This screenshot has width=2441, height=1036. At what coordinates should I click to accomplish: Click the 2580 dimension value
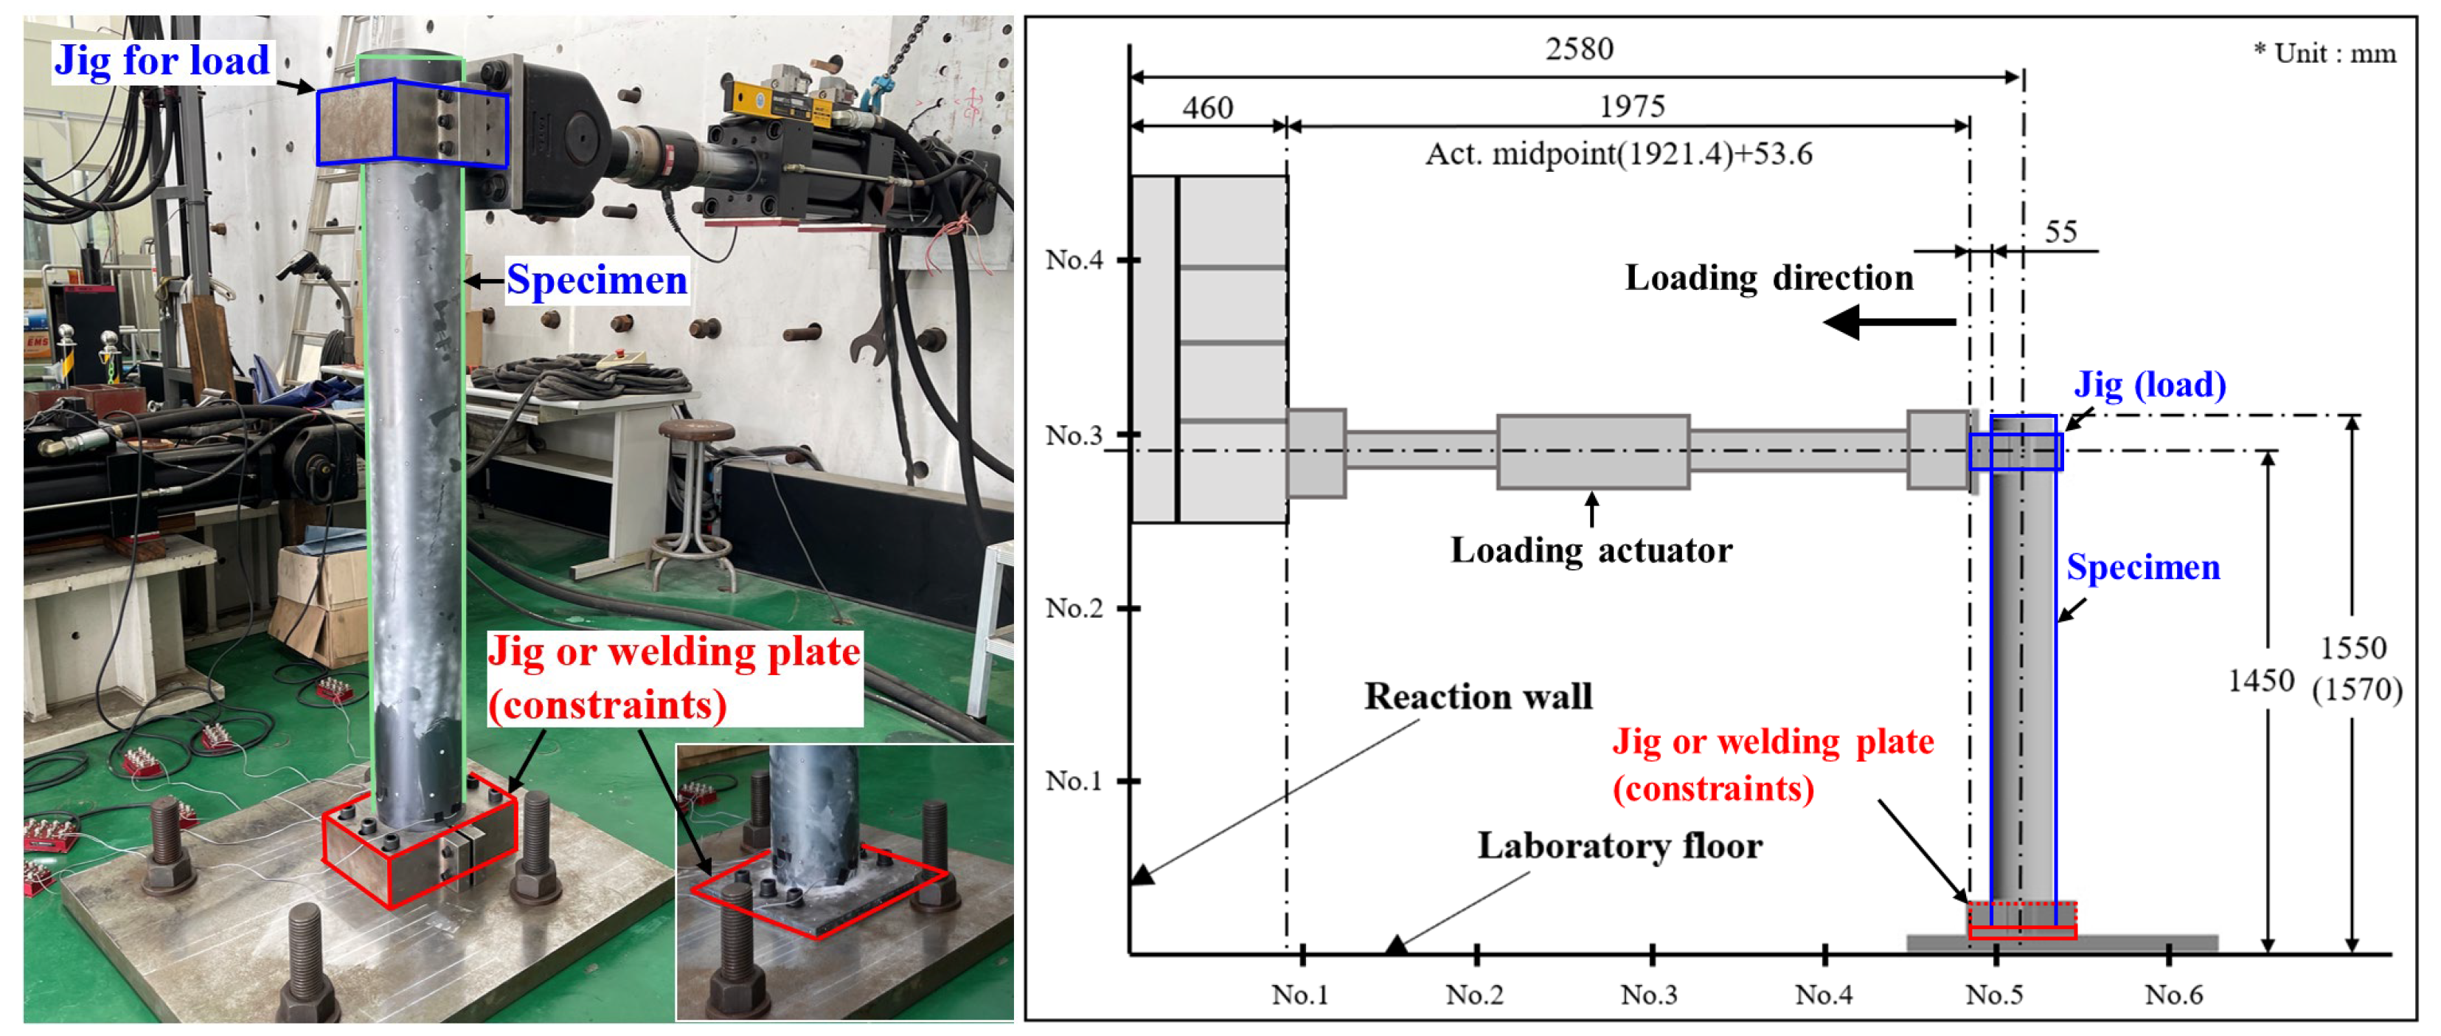[1579, 49]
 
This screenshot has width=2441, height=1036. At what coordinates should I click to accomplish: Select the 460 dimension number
[1207, 107]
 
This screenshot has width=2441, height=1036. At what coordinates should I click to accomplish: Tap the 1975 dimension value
[1632, 106]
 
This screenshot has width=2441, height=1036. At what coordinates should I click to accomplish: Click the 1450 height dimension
[2260, 680]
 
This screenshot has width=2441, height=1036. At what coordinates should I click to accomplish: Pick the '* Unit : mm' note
[2324, 53]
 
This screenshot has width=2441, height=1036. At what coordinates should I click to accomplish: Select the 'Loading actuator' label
[1591, 550]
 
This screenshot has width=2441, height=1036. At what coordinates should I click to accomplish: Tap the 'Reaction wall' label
[1477, 697]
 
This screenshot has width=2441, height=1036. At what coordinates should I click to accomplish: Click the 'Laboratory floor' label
[1619, 846]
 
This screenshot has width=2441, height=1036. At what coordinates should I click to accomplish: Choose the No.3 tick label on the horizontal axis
[1649, 994]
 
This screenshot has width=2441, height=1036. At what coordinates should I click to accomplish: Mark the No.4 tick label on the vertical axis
[1074, 259]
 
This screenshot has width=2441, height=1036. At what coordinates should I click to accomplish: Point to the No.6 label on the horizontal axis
[2174, 994]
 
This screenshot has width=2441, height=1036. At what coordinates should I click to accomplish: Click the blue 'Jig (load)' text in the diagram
[2149, 385]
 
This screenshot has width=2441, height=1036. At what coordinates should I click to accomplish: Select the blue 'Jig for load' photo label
[162, 61]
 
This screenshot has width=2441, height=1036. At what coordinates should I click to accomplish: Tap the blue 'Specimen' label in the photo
[596, 280]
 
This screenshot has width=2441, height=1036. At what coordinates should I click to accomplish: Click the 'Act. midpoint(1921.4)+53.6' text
[1619, 153]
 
